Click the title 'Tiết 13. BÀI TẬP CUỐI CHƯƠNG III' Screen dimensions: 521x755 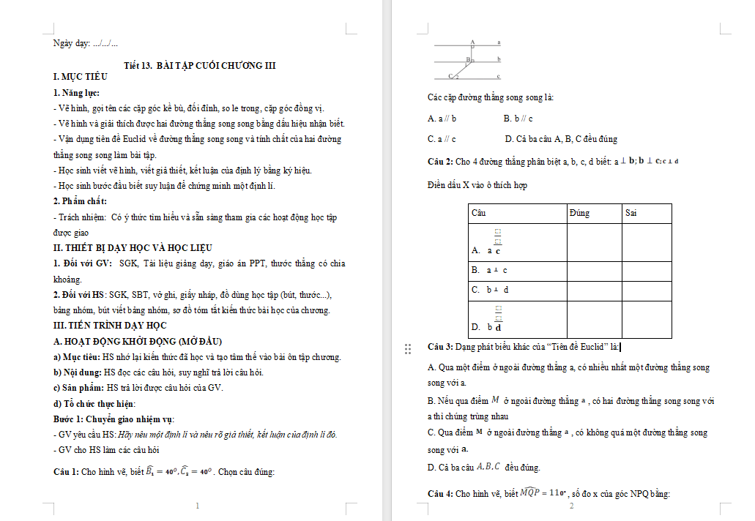200,65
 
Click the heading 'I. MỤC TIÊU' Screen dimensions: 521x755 81,76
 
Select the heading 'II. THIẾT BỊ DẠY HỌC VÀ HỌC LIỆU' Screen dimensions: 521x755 133,247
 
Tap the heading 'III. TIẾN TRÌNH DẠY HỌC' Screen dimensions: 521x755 110,325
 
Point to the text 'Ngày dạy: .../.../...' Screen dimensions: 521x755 86,43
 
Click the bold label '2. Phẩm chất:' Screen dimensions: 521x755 81,201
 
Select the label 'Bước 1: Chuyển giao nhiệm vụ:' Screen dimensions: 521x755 114,419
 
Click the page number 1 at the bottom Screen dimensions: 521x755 198,506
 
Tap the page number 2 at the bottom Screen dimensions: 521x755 572,506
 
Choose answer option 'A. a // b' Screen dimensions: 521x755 442,118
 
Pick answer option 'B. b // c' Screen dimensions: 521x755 518,118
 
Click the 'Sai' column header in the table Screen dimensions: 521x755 631,213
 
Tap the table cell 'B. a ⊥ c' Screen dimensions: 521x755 490,271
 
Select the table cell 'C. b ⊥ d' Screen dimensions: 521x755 490,290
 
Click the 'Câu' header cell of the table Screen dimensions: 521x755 479,213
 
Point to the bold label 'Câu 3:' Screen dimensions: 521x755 441,347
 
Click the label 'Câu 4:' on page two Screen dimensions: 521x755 441,494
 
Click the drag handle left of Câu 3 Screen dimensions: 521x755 408,349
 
